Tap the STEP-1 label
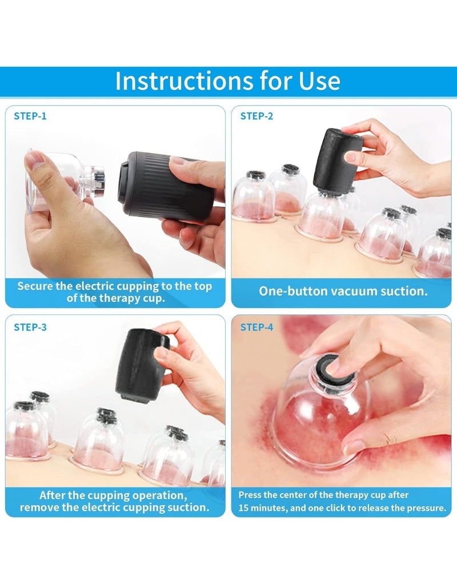30,116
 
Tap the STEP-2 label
256,116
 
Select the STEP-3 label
30,327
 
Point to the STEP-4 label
256,327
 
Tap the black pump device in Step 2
337,160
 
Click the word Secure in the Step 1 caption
36,286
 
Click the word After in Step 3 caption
53,495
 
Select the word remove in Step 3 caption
38,507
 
